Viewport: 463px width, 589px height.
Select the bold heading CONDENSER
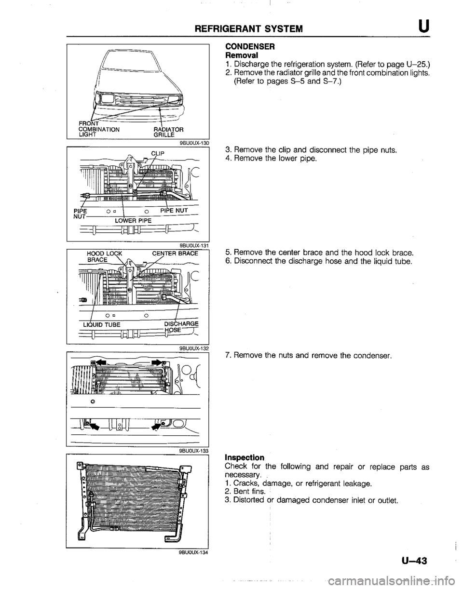tap(249, 47)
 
